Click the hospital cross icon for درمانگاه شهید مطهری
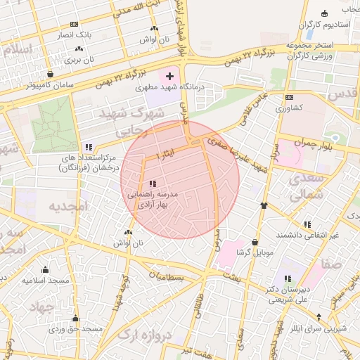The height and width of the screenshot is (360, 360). pos(169,75)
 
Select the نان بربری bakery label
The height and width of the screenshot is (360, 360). pos(79,60)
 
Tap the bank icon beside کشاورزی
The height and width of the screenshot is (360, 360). pos(288,98)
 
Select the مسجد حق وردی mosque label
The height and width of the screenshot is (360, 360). pos(76,328)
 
